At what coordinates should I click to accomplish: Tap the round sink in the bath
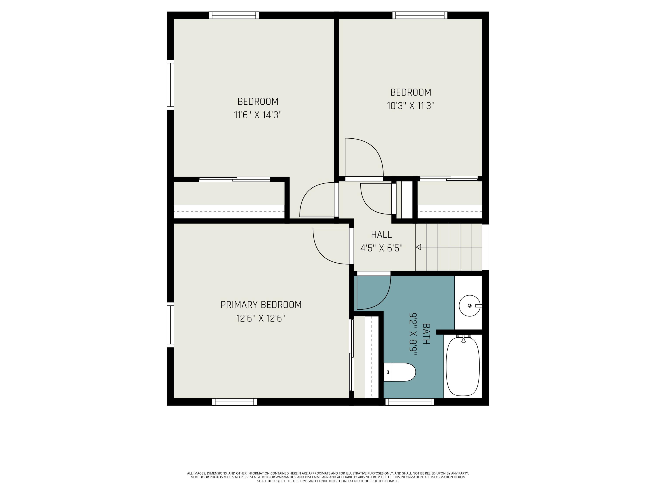tap(469, 305)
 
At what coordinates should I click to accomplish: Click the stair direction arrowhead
tap(419, 247)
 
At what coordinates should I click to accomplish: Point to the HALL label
tap(381, 235)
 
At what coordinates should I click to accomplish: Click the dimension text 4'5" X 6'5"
tap(381, 248)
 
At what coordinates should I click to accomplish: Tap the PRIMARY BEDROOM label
tap(261, 305)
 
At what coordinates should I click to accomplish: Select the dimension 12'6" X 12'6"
tap(261, 319)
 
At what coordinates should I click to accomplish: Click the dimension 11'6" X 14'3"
tap(258, 115)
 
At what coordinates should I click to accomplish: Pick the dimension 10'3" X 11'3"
tap(410, 106)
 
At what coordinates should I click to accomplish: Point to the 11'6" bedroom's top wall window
tap(234, 15)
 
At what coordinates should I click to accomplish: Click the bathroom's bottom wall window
tap(410, 402)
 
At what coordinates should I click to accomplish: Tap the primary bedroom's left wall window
tap(170, 325)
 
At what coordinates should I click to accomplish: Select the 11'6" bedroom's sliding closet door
tap(234, 179)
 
